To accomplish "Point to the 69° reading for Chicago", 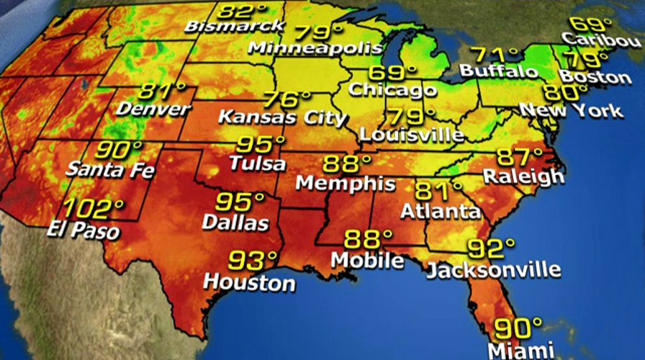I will coord(392,73).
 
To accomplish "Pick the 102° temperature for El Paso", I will coord(94,210).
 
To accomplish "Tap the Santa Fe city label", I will coord(109,171).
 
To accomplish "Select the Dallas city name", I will coord(235,222).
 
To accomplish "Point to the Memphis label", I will coord(346,183).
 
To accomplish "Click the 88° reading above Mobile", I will coord(368,238).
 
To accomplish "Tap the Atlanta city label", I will coord(441,212).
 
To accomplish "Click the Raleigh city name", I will coord(523,176).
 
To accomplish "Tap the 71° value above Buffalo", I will coord(495,55).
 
